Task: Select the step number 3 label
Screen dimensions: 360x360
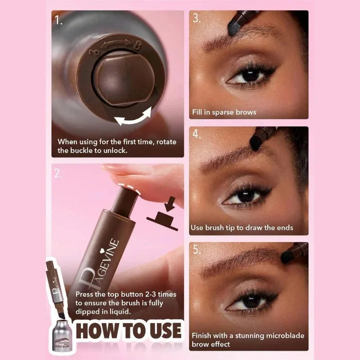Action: (x=197, y=18)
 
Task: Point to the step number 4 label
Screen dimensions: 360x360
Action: (x=197, y=134)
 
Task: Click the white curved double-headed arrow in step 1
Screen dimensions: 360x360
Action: (x=133, y=116)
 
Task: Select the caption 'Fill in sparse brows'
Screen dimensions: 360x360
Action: (x=224, y=112)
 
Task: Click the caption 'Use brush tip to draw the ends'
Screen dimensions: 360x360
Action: (x=242, y=228)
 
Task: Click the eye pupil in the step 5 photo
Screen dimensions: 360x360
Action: (x=250, y=302)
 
